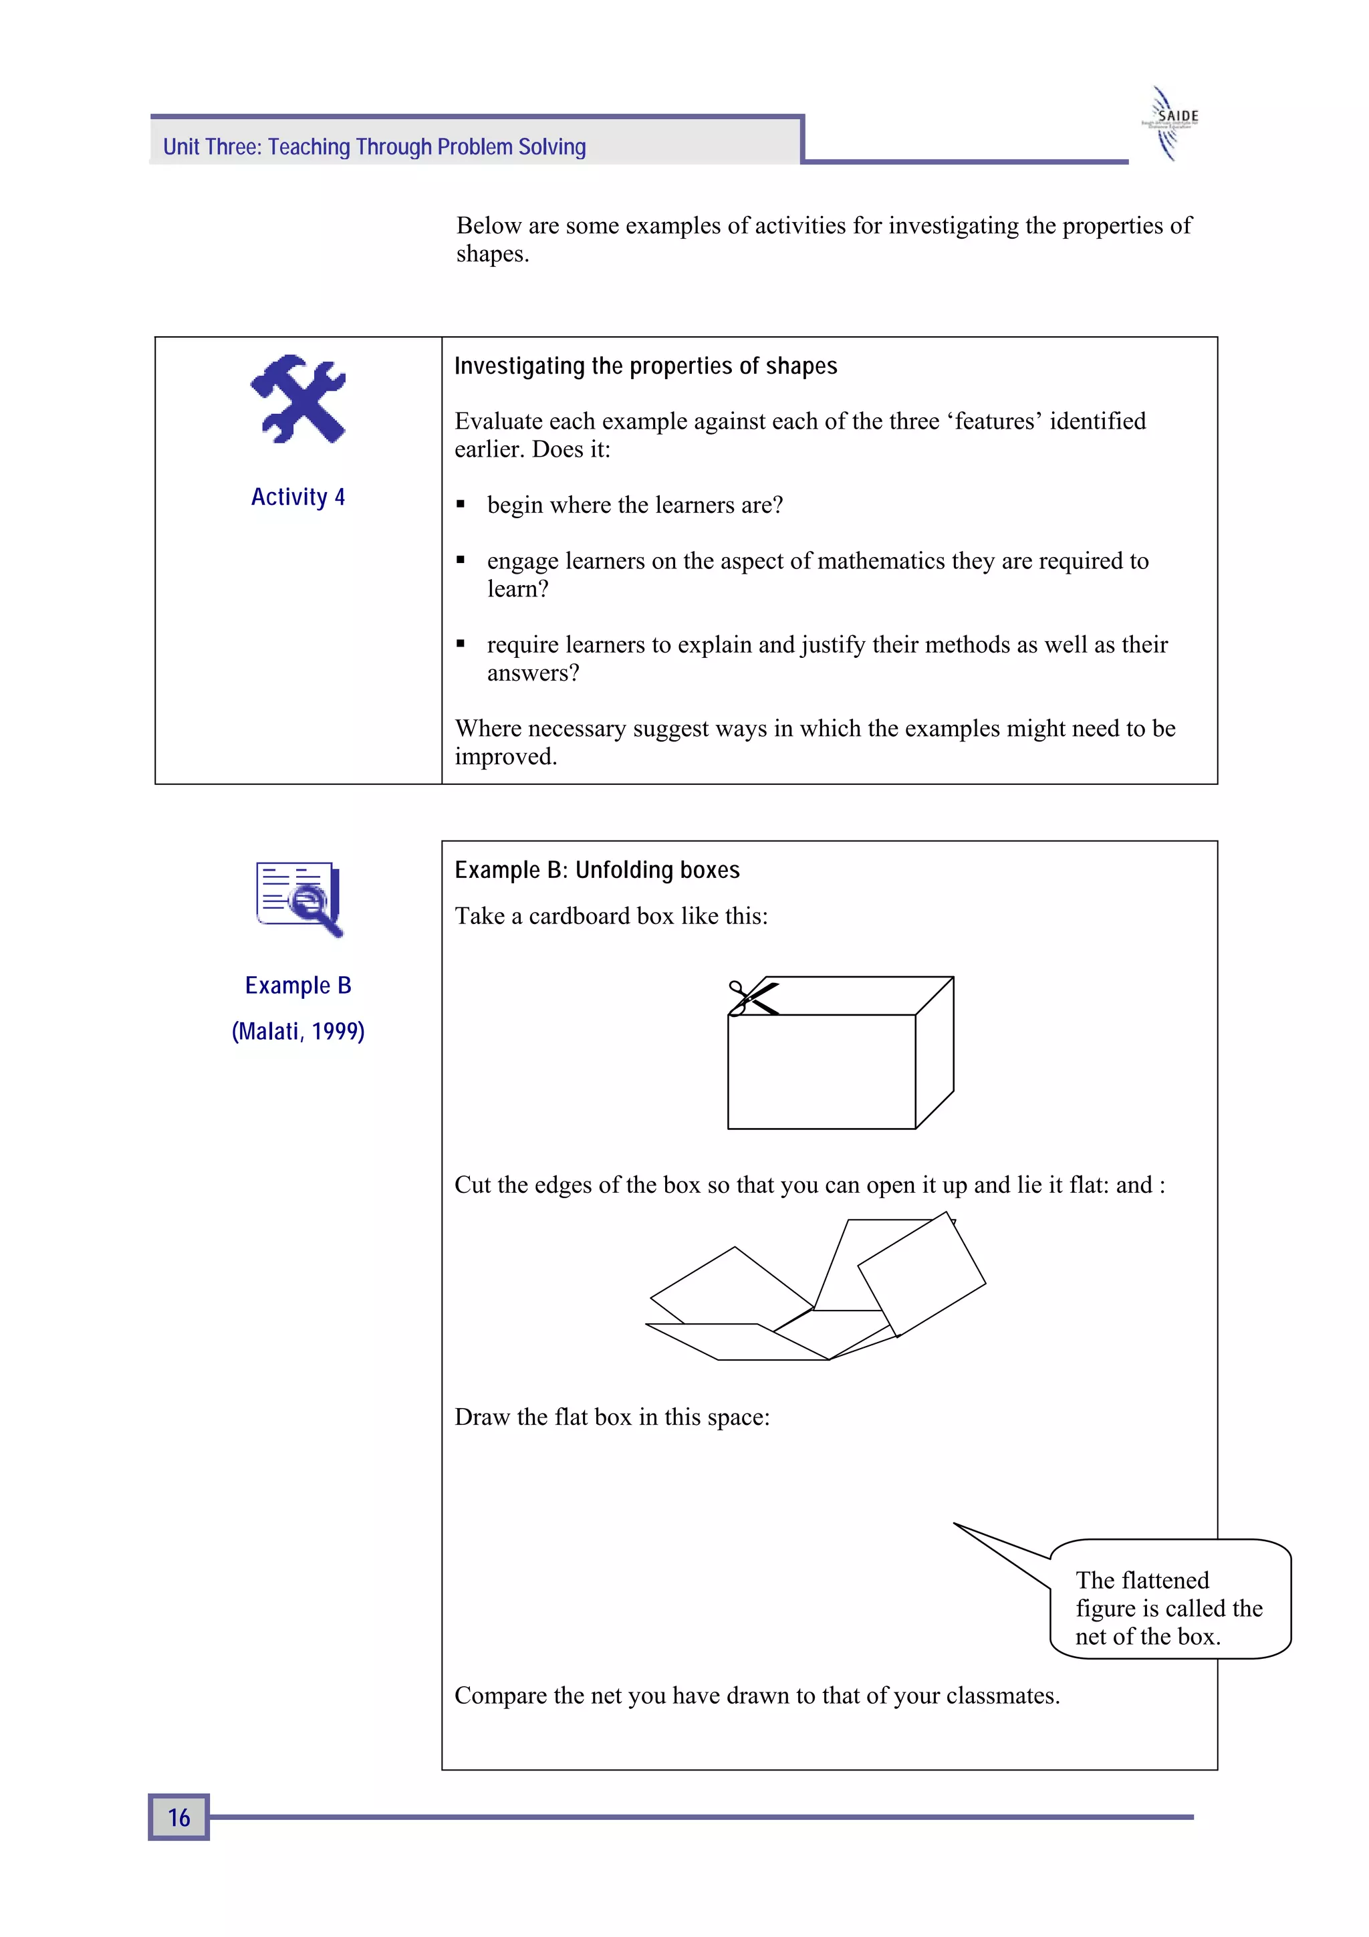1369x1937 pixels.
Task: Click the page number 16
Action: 179,1817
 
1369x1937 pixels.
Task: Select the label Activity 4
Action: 297,497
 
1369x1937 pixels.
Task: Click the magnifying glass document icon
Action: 299,898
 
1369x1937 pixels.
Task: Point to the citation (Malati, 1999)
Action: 297,1031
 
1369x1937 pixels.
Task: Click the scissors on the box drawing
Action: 751,998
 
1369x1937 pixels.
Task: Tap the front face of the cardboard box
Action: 821,1070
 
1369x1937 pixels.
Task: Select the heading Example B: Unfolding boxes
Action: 596,870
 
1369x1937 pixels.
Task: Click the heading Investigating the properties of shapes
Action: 645,366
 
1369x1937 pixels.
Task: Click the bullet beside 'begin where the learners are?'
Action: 461,505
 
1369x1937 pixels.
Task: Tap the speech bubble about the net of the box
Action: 1169,1607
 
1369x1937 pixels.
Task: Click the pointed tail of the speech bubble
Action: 962,1528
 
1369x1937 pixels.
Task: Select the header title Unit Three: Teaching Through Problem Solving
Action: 374,147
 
